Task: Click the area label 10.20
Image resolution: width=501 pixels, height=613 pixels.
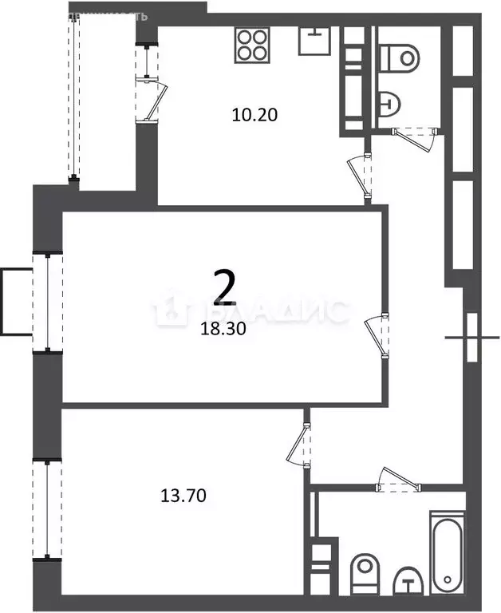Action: pos(254,114)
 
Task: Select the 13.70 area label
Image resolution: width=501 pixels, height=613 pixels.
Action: pos(183,496)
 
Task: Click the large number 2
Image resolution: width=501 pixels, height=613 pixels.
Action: pos(224,288)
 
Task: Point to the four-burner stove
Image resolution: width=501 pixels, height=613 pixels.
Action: pos(252,45)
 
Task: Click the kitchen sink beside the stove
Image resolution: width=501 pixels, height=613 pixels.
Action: pos(317,40)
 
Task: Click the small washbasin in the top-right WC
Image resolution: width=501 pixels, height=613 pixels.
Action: pos(390,101)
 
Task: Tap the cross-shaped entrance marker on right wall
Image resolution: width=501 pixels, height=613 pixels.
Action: pos(470,337)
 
